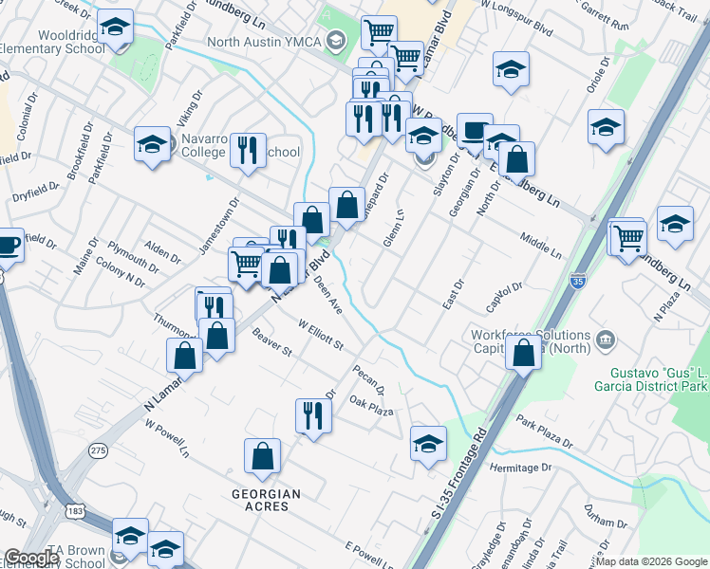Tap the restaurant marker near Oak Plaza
click(x=311, y=414)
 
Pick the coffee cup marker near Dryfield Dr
click(x=8, y=245)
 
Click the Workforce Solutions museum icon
click(x=605, y=338)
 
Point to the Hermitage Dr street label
click(x=520, y=468)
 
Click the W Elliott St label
click(x=320, y=335)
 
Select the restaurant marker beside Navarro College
click(x=248, y=150)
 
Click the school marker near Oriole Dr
click(x=606, y=126)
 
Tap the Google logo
click(x=31, y=558)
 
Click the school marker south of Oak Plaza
click(x=428, y=442)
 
